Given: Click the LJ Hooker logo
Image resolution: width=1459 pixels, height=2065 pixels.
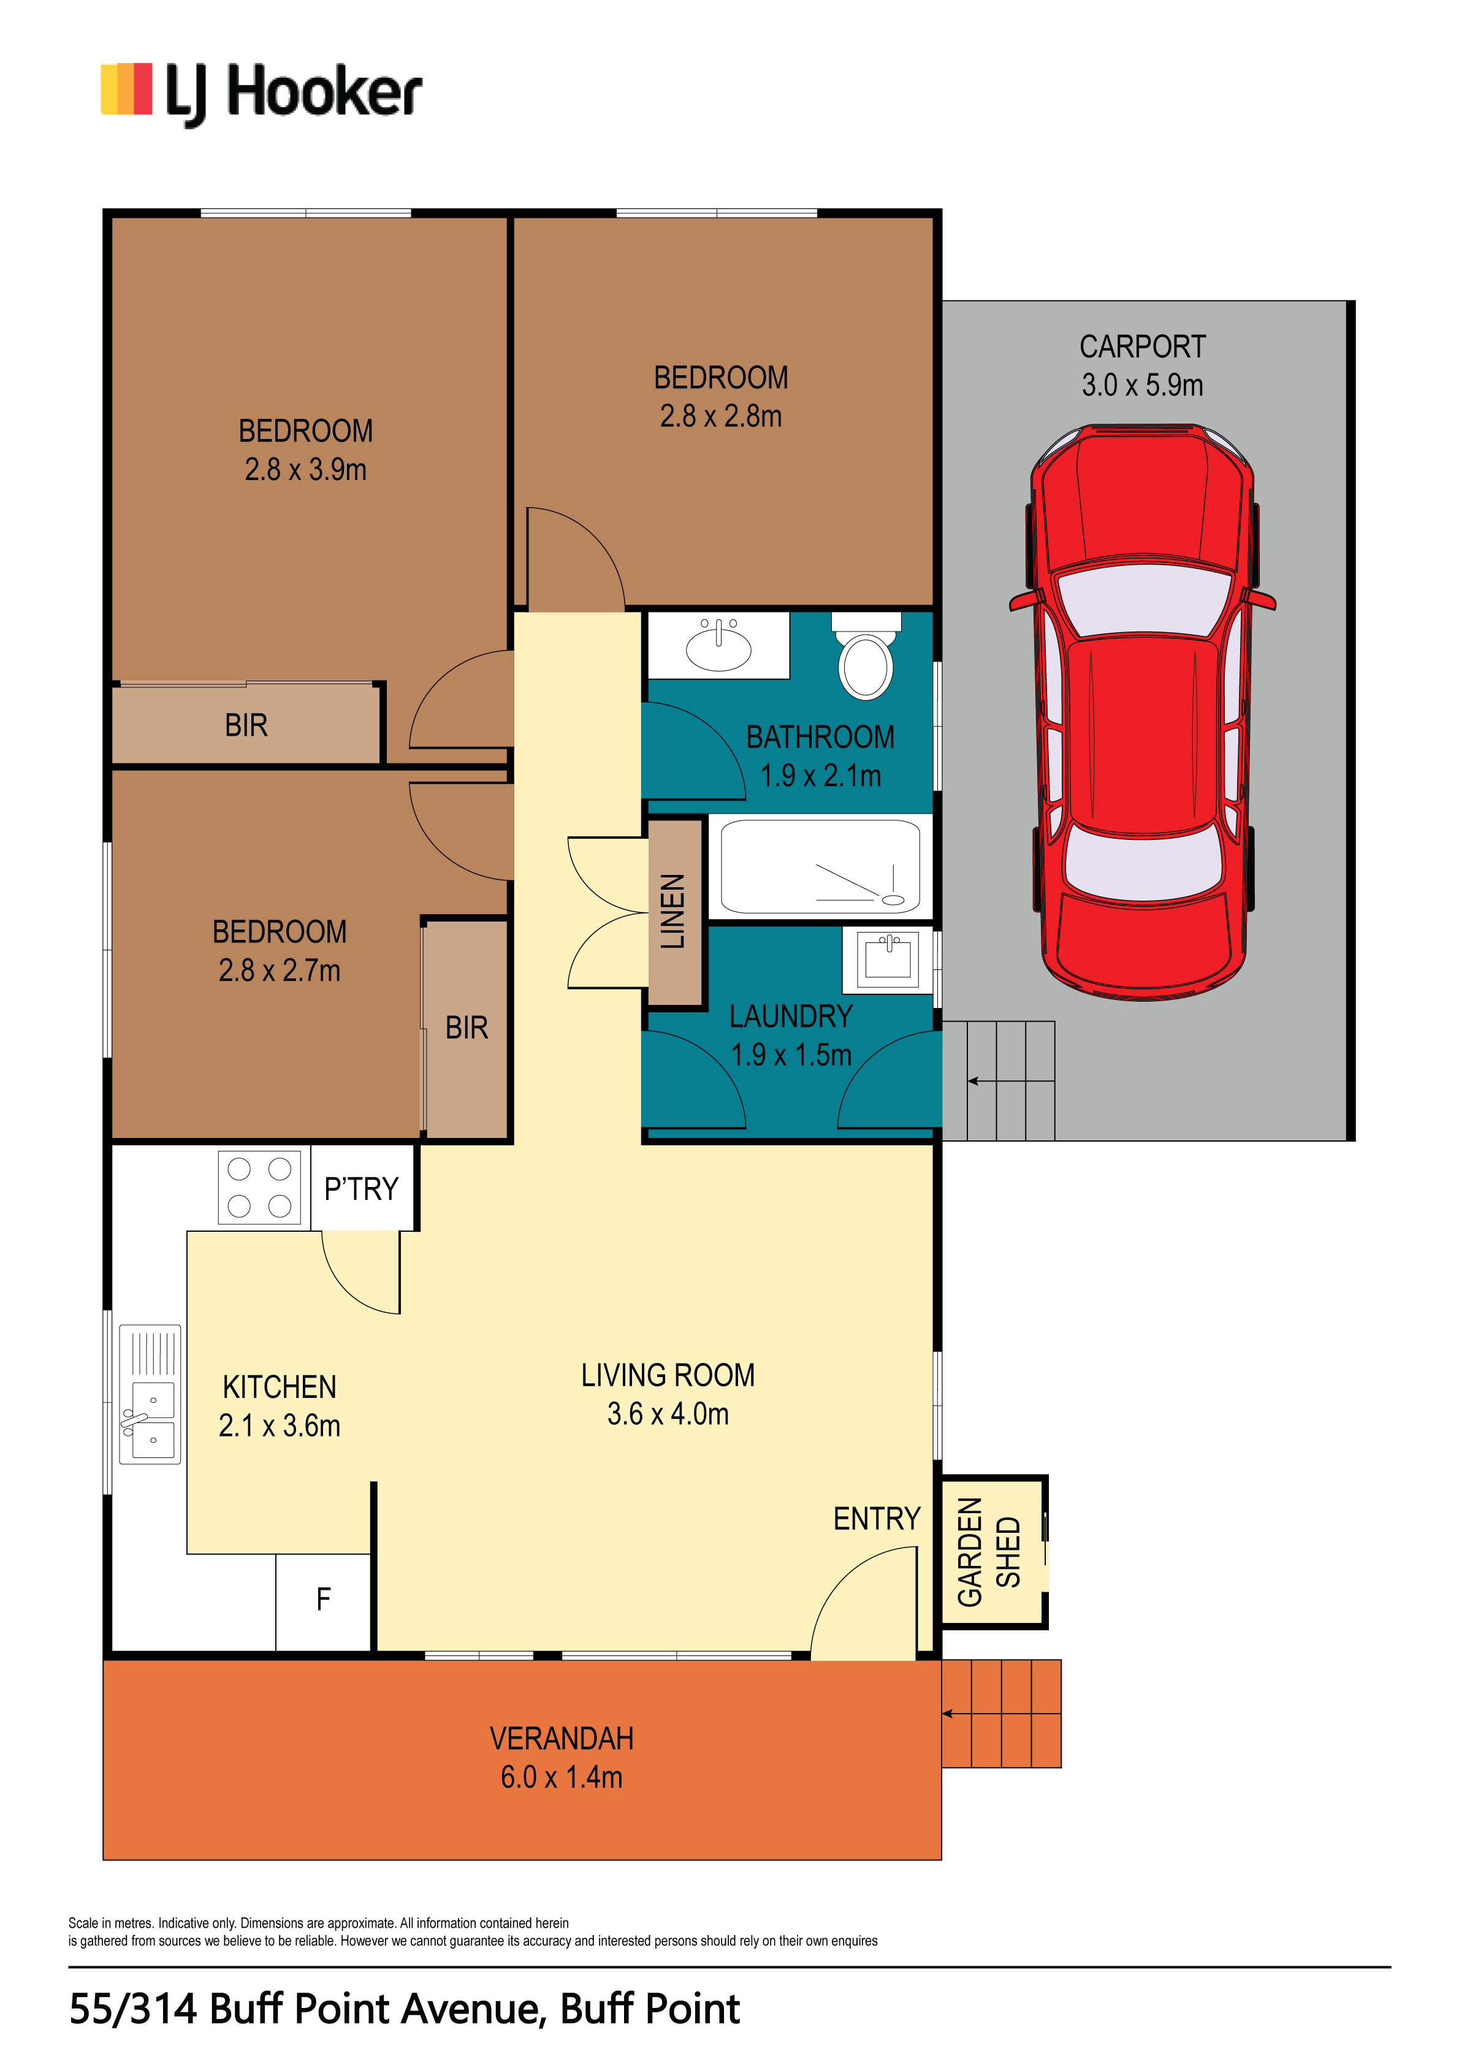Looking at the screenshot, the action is coord(261,94).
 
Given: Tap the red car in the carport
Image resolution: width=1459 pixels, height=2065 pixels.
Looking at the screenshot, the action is coord(1143,711).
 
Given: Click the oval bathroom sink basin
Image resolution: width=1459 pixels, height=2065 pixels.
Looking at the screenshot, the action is coord(718,646).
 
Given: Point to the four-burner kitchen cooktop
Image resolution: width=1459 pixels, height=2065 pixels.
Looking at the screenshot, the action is coord(259,1187).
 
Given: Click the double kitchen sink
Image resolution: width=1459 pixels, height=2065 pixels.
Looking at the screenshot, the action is coord(150,1394).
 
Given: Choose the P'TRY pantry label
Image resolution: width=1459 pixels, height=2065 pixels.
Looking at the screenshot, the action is coord(360,1189).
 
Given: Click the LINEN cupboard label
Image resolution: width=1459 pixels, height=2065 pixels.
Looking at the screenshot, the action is coord(674,911).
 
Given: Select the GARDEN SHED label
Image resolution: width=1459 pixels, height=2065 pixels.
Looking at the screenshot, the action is coord(989,1551).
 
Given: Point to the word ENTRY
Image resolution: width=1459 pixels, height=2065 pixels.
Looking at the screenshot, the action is coord(877,1519).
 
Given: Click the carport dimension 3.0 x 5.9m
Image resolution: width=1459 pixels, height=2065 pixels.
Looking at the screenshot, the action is coord(1143,385).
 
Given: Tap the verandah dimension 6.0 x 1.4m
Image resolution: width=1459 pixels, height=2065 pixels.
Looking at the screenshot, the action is coord(562,1777).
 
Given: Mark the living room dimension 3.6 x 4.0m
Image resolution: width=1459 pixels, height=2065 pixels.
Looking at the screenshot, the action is coord(668,1414).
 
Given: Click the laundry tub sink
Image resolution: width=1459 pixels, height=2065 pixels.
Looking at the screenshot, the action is coord(888,960).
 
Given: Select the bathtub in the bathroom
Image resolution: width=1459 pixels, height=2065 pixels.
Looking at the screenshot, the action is coord(820,867).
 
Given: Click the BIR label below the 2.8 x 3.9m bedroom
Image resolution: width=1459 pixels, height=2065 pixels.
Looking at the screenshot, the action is coord(246,725).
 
